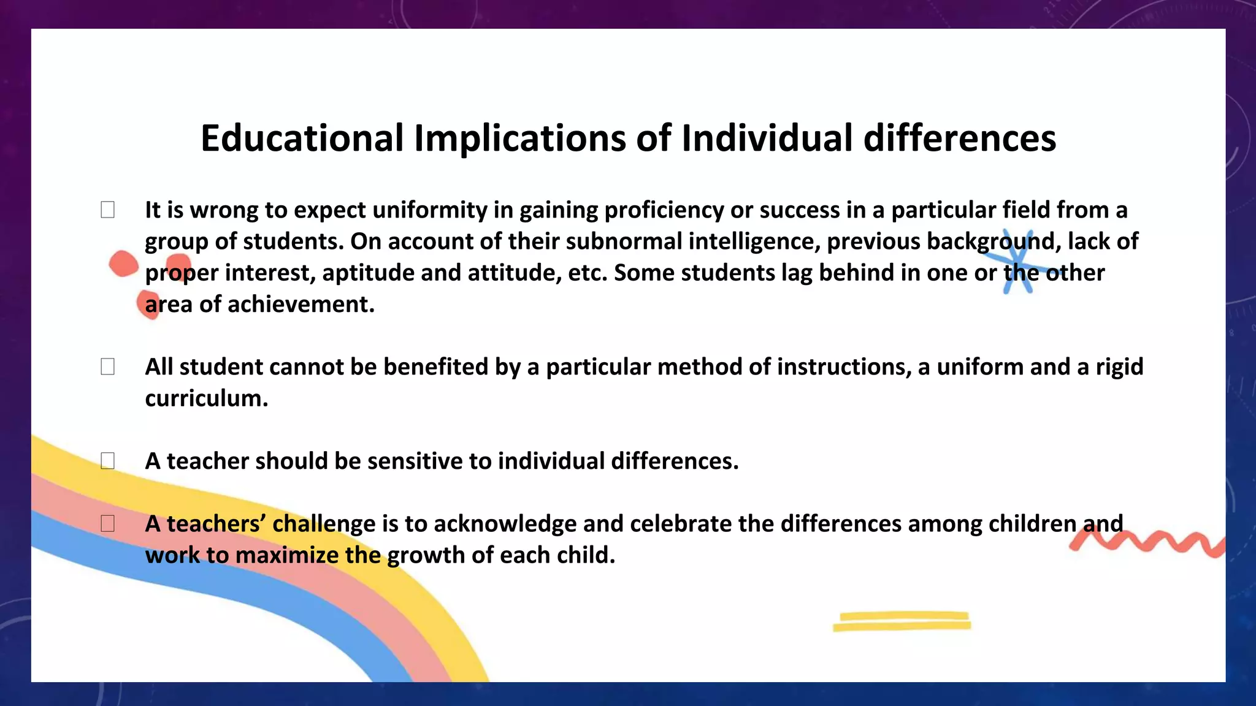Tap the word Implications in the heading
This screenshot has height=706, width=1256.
click(519, 138)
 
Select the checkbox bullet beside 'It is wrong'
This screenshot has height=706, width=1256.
click(107, 210)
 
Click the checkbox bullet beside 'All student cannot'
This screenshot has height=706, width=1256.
click(107, 366)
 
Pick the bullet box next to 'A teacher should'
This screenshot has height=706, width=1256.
click(107, 460)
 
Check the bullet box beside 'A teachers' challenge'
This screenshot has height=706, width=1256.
click(107, 523)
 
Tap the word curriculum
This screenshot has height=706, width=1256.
click(206, 398)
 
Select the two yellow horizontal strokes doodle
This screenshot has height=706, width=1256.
click(902, 621)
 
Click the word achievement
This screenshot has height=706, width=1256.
click(301, 305)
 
